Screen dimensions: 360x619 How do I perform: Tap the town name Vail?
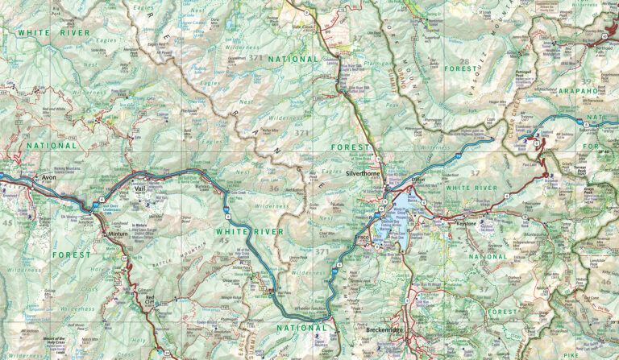coord(139,188)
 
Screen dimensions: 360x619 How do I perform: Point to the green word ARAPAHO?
coord(577,91)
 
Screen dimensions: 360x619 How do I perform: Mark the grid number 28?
coord(463,62)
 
